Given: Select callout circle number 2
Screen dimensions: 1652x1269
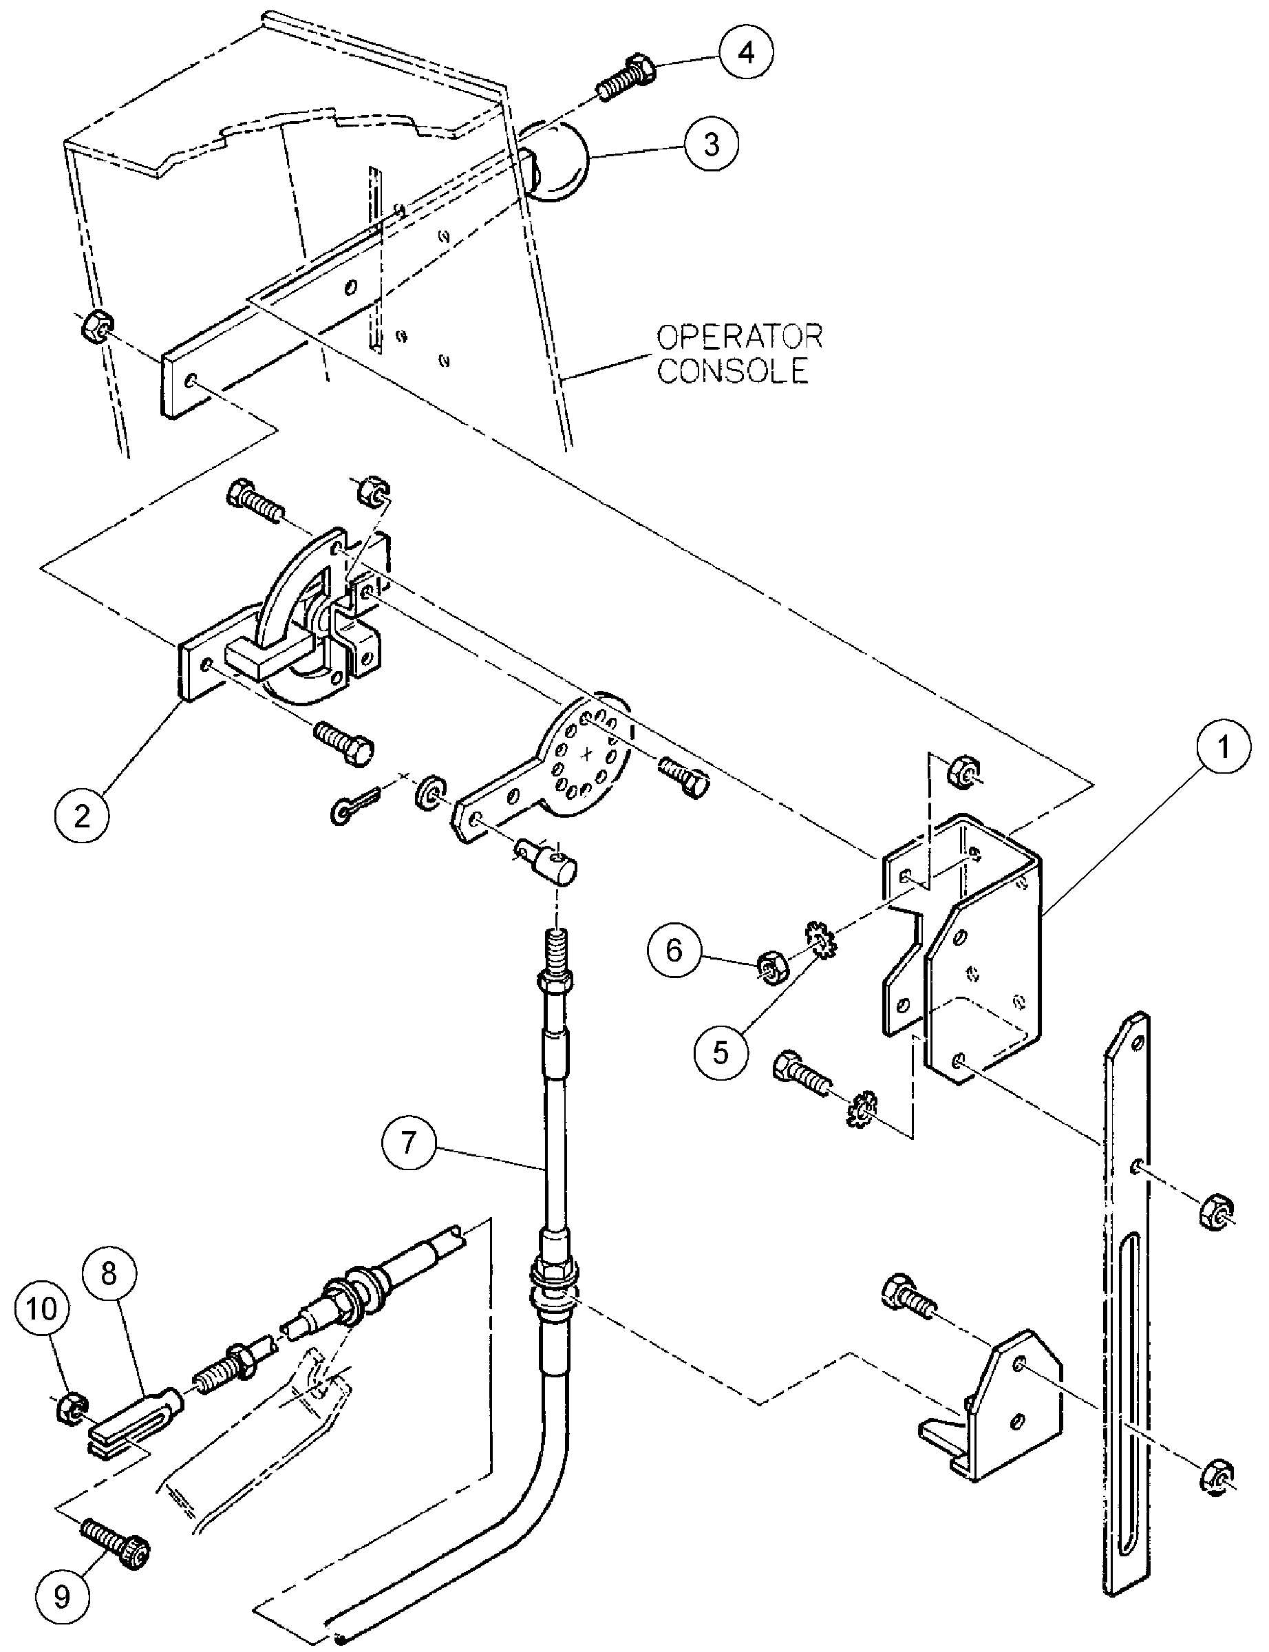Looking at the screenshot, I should [x=81, y=816].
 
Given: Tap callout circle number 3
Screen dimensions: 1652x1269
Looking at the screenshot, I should [x=712, y=145].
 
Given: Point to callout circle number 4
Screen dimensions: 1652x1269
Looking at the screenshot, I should [x=746, y=54].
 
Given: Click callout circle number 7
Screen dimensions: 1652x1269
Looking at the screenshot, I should [x=409, y=1143].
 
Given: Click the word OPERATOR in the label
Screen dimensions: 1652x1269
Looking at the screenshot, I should [x=738, y=335].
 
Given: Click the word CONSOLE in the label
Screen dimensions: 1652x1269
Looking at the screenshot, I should [x=732, y=372].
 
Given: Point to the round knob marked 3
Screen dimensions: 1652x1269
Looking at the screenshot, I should [x=555, y=163].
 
